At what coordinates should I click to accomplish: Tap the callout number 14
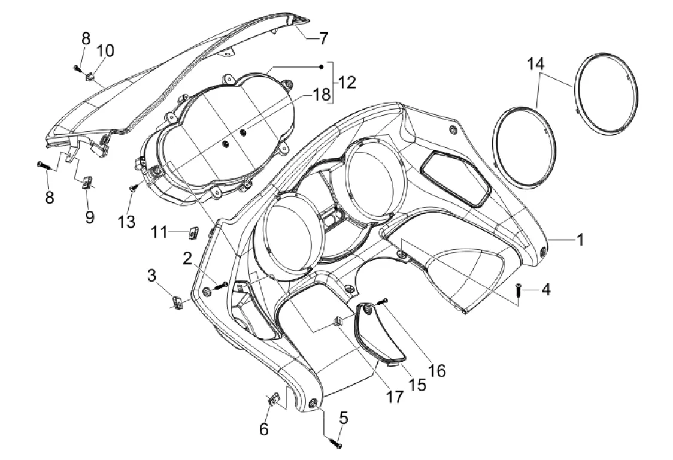[x=536, y=63]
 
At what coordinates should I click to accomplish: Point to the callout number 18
[x=320, y=95]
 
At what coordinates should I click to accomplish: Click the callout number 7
[x=323, y=39]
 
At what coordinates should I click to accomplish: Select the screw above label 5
[x=334, y=443]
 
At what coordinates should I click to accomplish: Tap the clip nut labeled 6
[x=271, y=399]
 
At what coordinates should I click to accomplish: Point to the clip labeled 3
[x=178, y=303]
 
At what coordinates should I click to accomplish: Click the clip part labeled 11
[x=193, y=231]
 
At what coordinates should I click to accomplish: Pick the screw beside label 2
[x=221, y=285]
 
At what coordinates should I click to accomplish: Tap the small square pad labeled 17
[x=339, y=322]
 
